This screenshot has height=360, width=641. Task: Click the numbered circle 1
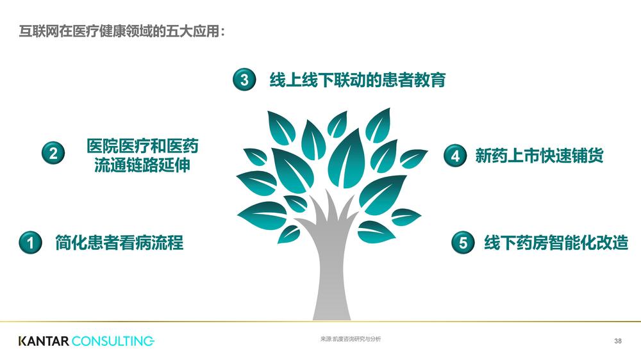(30, 242)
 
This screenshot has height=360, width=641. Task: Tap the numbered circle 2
(53, 153)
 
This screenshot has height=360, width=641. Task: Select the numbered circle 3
(244, 79)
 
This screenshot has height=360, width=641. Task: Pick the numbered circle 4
(455, 156)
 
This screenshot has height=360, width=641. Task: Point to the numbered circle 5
(463, 242)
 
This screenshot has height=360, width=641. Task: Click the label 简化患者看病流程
(119, 243)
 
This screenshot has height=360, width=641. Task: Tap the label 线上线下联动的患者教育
(358, 79)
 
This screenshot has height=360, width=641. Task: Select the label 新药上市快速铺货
(539, 156)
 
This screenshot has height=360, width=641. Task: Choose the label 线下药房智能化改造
(556, 243)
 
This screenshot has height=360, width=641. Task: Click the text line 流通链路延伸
(142, 165)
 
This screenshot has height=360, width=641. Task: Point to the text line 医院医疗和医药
(142, 146)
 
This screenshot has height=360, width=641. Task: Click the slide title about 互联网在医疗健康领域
(122, 31)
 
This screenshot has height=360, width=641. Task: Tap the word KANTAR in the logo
(44, 341)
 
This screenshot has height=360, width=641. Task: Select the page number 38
(618, 341)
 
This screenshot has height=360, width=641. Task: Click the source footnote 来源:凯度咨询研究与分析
(351, 339)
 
